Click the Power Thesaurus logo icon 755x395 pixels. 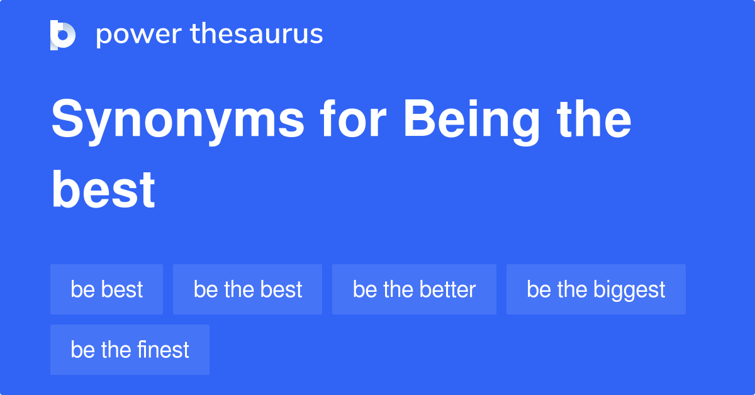tap(63, 35)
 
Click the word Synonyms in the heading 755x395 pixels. tap(178, 121)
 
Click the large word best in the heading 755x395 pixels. tap(103, 190)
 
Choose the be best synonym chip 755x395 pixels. tap(106, 289)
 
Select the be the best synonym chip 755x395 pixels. tap(247, 289)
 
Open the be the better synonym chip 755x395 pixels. tap(414, 289)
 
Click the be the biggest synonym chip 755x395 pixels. tap(596, 289)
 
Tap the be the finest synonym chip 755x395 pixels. tap(130, 350)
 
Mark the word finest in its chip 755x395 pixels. tap(160, 350)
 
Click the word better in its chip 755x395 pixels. tap(447, 289)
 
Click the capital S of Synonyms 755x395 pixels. tap(68, 120)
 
